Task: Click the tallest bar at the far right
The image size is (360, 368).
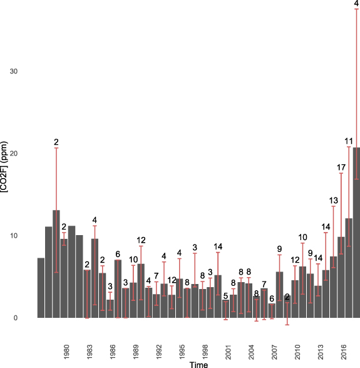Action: pos(356,232)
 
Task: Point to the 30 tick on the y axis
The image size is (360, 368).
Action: pos(13,71)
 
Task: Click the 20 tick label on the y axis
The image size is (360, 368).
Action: pos(13,154)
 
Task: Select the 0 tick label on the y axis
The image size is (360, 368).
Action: pos(15,318)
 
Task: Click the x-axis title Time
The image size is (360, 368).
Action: pos(199,364)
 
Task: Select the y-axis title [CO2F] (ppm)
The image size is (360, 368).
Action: pos(5,182)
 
